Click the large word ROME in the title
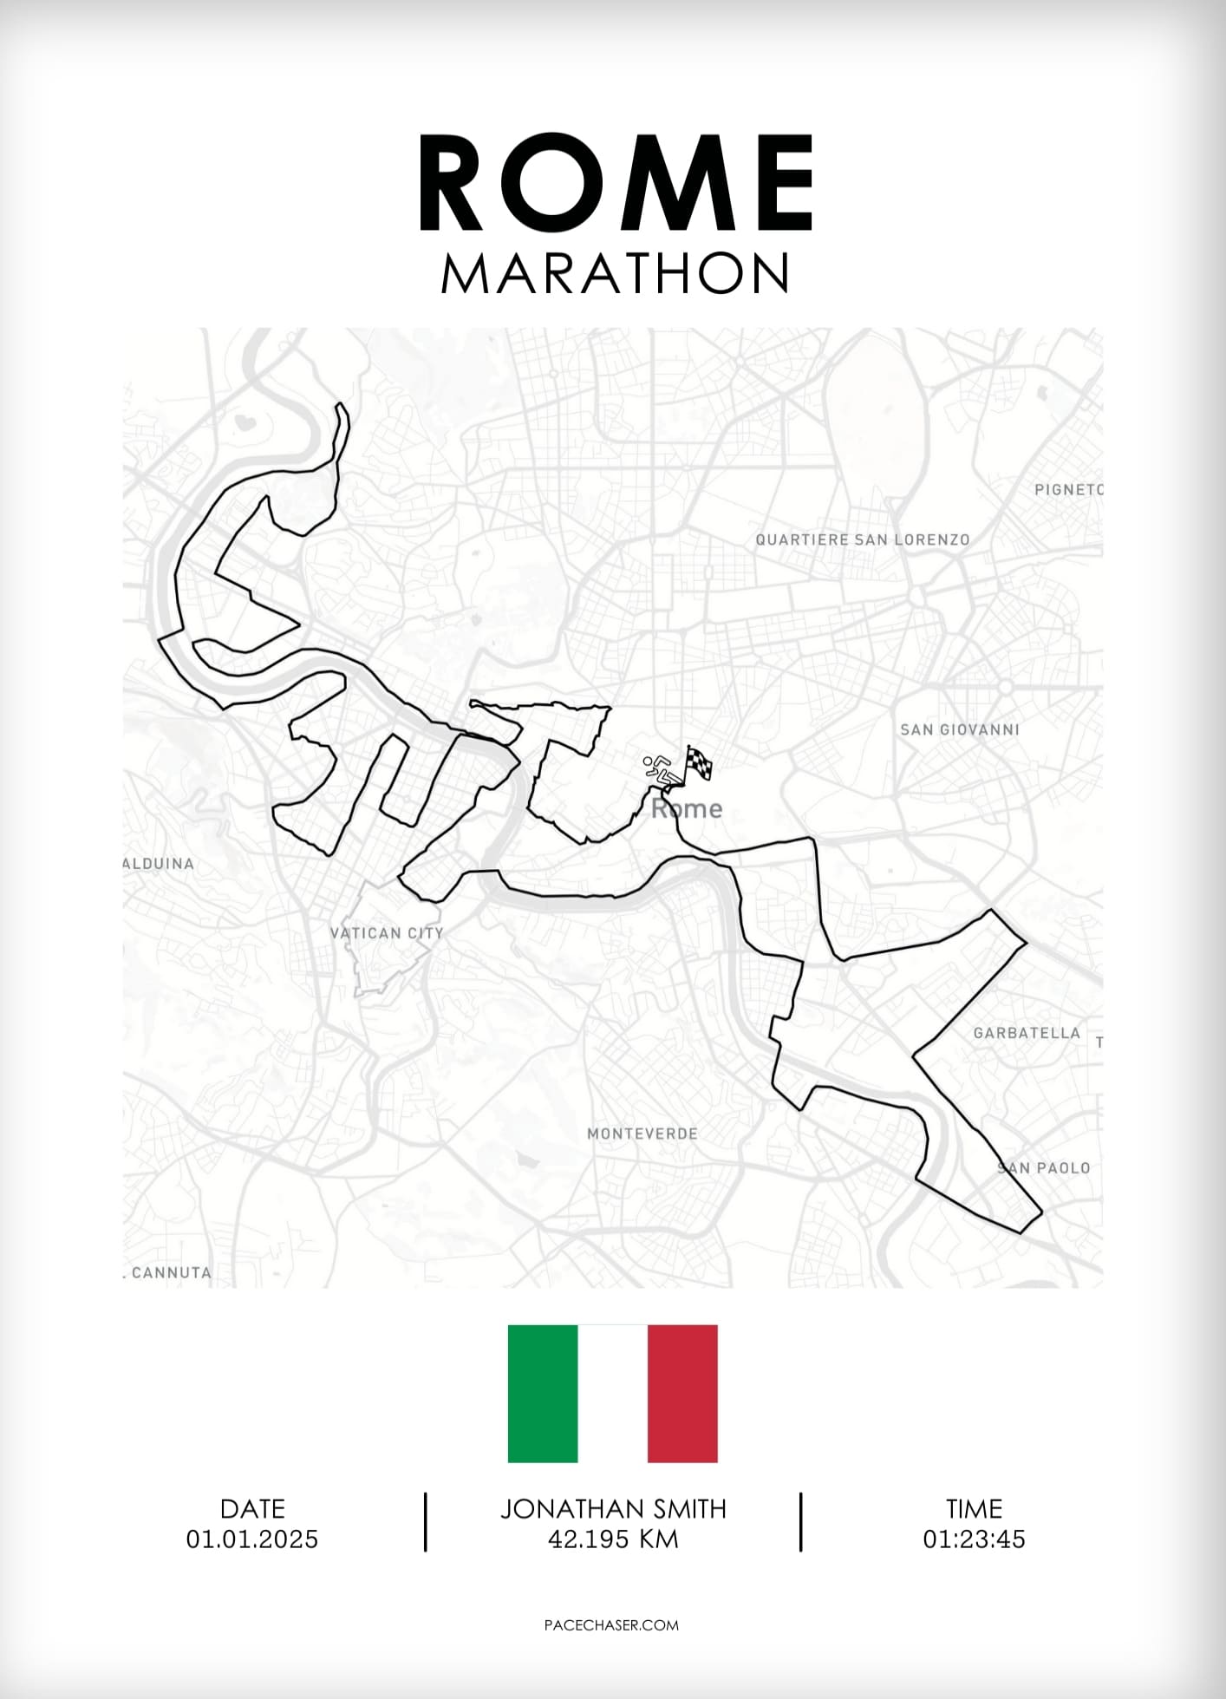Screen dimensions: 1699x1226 click(616, 184)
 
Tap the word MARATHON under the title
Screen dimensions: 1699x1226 click(615, 274)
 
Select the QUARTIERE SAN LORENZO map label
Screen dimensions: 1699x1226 click(862, 539)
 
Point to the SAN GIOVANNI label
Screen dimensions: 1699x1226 click(959, 729)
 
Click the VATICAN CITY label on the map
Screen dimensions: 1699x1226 click(387, 933)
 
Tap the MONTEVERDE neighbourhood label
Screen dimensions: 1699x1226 click(642, 1134)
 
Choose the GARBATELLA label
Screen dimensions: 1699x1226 click(1027, 1033)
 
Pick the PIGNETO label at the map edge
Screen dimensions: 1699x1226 click(1068, 490)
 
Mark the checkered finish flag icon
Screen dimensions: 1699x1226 click(699, 762)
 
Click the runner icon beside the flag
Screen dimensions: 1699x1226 click(662, 770)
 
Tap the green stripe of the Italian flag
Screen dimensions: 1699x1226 click(543, 1394)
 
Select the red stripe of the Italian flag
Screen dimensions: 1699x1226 click(682, 1394)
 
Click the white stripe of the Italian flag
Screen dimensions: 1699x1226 click(612, 1394)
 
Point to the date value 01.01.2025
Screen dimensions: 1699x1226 click(252, 1539)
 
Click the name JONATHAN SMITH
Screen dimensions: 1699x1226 click(613, 1509)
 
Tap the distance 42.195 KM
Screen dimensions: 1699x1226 click(613, 1539)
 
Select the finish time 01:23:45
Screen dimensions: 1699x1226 click(974, 1539)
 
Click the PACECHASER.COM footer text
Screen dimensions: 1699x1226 click(611, 1625)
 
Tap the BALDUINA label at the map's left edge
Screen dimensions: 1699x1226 click(159, 864)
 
